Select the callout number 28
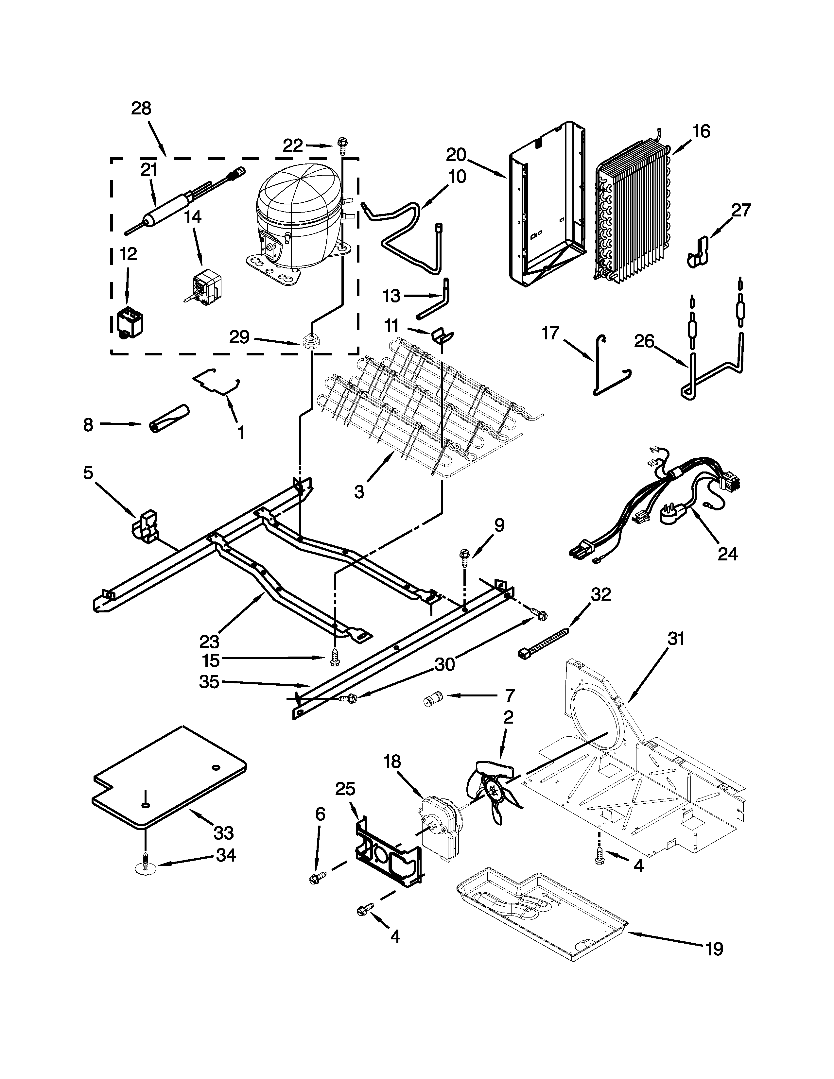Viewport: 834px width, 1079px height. click(x=141, y=108)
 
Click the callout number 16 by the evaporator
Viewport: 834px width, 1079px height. click(x=701, y=131)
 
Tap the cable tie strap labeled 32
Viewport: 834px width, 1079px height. click(x=544, y=642)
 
